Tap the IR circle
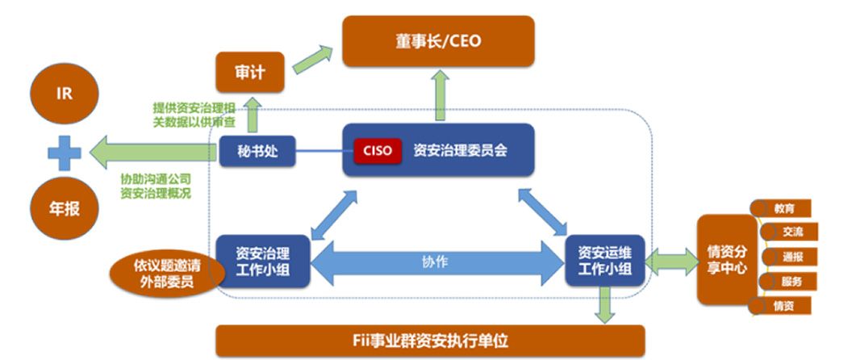tap(64, 94)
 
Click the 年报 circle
tap(64, 208)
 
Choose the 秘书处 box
tap(257, 150)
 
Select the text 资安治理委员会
tap(460, 150)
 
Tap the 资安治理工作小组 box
tap(263, 260)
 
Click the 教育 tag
tap(783, 208)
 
